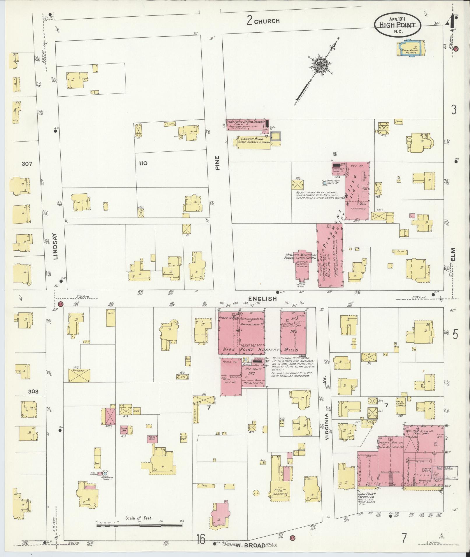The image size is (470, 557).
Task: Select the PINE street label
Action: pos(218,162)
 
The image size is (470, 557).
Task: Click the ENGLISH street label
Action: pos(262,298)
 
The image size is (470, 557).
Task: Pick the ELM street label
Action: pos(453,255)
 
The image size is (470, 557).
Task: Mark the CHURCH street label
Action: pos(266,21)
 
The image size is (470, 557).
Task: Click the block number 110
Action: pos(143,163)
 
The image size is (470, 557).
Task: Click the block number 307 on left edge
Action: pos(27,164)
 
